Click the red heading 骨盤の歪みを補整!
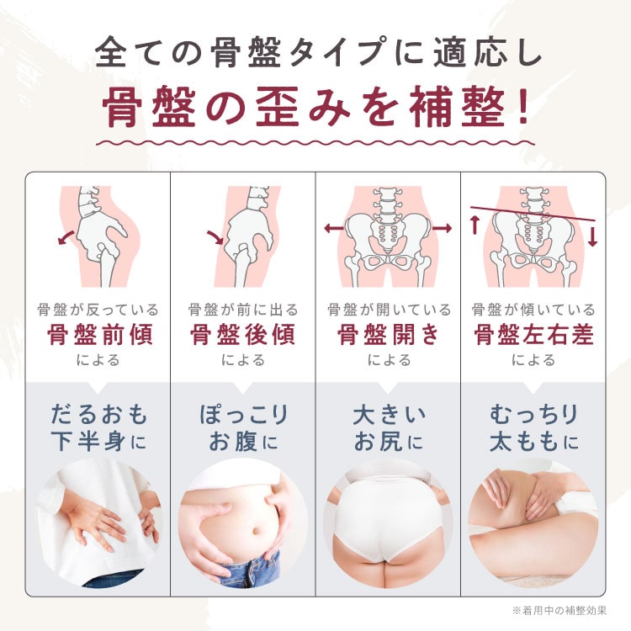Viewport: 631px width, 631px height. click(315, 108)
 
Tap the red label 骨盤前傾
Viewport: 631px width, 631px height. click(99, 334)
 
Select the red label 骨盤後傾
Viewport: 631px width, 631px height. click(242, 334)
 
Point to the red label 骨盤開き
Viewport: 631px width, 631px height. click(388, 334)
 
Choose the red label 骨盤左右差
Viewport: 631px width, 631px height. click(533, 334)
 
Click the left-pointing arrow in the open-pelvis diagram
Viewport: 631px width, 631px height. click(334, 229)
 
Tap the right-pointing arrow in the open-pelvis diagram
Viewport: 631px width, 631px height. click(443, 229)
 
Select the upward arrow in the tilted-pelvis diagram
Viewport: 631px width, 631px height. click(475, 225)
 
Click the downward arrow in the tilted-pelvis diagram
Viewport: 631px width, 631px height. click(592, 236)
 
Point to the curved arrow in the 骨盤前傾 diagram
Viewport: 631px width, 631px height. click(65, 237)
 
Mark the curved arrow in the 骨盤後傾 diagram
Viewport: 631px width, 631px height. click(216, 237)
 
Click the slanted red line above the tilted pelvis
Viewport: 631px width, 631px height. click(533, 214)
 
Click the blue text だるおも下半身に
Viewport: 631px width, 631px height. click(99, 428)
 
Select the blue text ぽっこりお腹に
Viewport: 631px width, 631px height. click(243, 428)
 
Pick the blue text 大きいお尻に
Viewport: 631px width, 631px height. click(389, 428)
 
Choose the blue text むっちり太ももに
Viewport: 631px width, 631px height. click(534, 428)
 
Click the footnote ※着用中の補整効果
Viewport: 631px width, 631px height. click(559, 611)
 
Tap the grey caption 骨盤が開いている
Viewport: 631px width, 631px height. click(389, 310)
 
